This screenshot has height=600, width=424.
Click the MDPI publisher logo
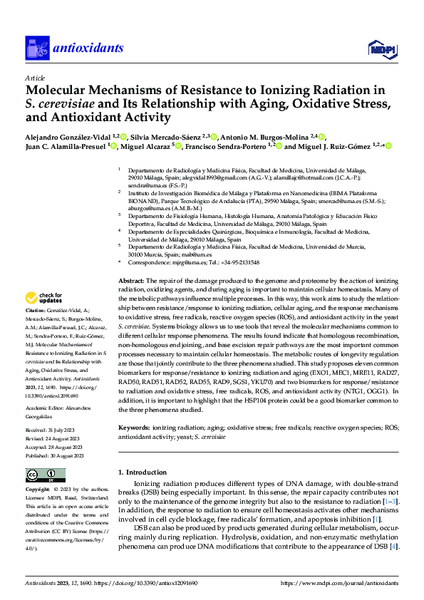pyautogui.click(x=378, y=48)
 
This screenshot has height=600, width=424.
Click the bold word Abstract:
pyautogui.click(x=131, y=282)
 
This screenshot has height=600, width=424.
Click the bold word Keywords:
pyautogui.click(x=133, y=408)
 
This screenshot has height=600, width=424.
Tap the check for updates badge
pyautogui.click(x=43, y=317)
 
